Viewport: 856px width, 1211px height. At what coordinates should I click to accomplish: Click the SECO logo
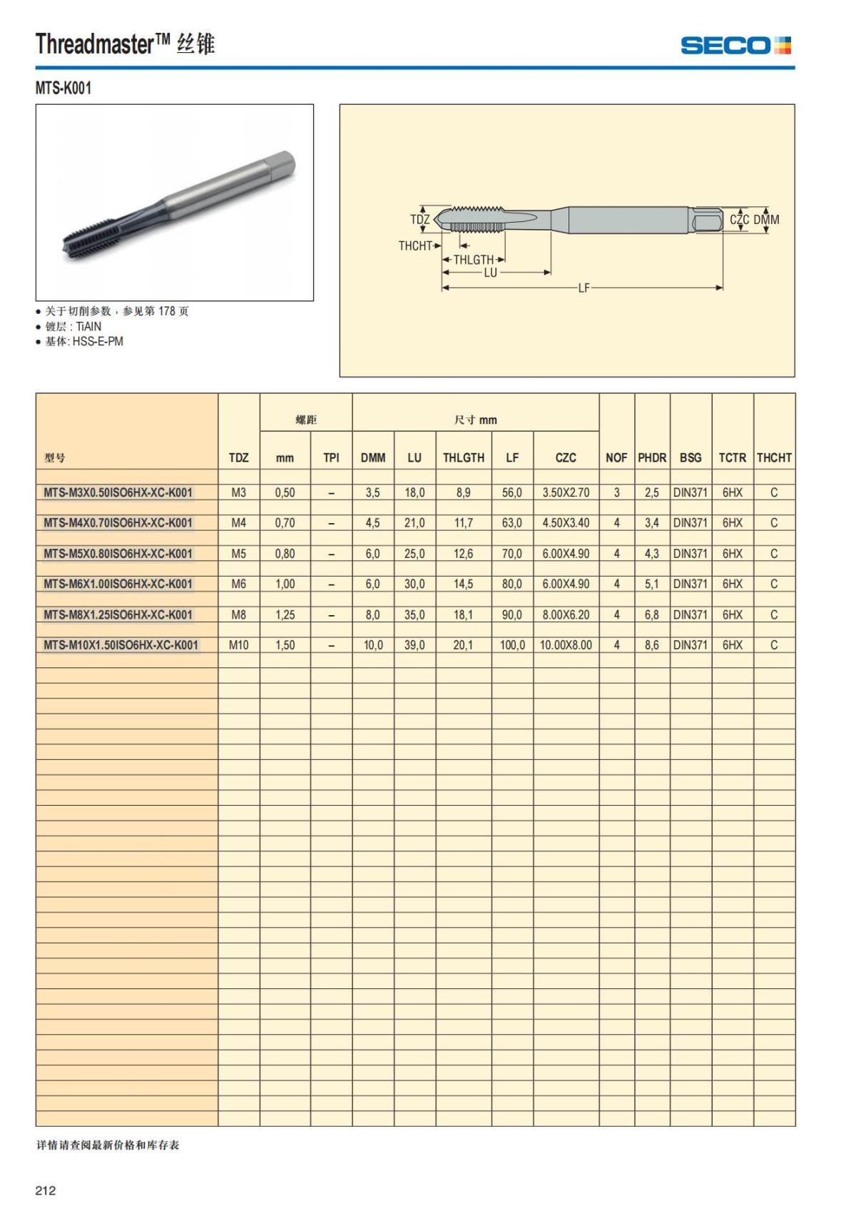735,46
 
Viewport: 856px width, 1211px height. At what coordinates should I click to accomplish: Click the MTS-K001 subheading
63,88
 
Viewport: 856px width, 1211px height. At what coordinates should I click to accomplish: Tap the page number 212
46,1190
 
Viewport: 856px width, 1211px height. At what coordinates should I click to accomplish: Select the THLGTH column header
463,457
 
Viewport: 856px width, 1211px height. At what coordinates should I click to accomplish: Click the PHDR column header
651,457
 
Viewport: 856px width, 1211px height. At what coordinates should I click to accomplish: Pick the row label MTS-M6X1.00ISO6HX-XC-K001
118,584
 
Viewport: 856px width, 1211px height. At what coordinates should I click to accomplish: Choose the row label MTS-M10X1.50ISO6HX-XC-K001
121,645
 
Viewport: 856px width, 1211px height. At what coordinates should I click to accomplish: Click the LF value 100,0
511,645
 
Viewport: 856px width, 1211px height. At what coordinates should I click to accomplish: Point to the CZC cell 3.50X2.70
566,492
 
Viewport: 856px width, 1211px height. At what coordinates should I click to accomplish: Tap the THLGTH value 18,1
463,614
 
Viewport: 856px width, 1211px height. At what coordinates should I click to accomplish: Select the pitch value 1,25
285,614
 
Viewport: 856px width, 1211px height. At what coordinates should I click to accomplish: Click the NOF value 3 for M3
616,492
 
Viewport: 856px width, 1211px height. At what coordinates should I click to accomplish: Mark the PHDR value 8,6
651,645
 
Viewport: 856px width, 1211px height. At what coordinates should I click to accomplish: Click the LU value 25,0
414,554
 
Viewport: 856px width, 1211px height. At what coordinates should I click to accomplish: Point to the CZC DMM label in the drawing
754,220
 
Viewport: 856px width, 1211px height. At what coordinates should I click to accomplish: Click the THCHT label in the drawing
415,246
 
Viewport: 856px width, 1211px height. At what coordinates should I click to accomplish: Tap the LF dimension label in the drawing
584,288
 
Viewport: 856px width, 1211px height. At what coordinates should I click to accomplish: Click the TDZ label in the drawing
420,220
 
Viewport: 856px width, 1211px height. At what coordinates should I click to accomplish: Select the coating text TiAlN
88,326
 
